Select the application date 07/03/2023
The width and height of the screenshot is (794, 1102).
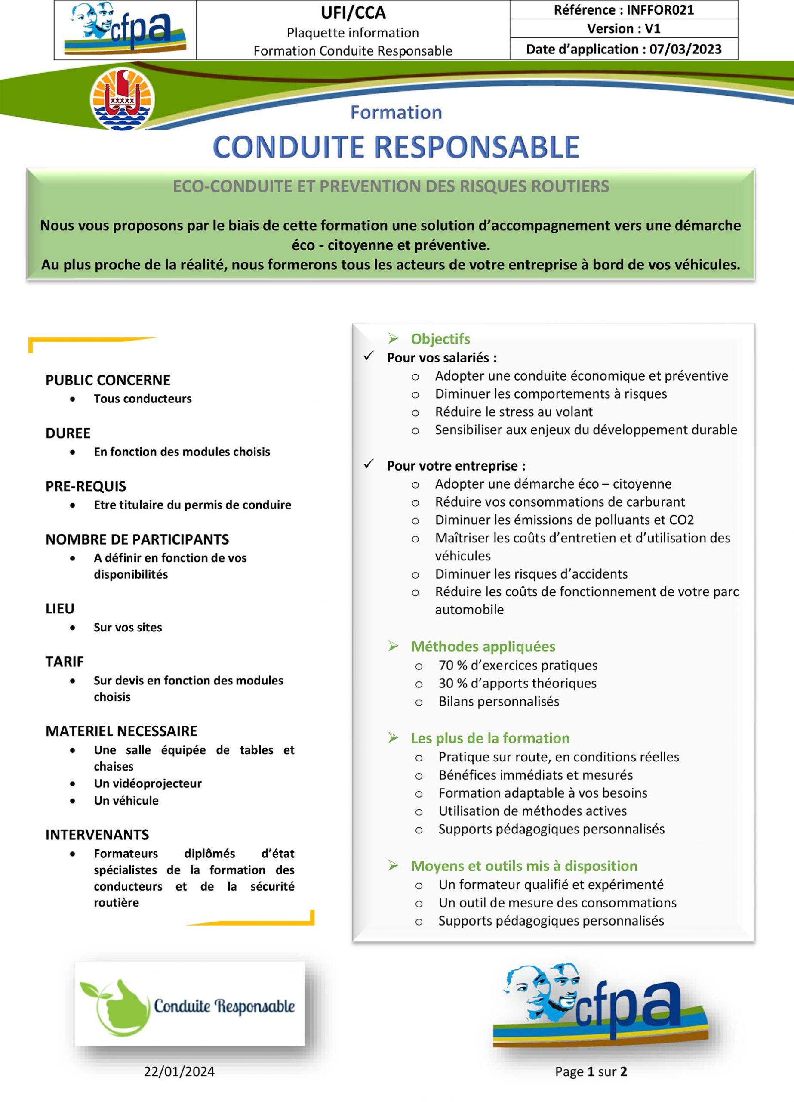pos(685,50)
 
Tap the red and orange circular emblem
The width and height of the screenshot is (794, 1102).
pos(123,99)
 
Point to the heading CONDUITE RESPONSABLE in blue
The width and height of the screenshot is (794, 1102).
pos(396,147)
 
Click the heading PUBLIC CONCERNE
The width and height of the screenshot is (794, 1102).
pos(108,380)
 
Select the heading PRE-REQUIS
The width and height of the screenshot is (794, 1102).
pos(86,486)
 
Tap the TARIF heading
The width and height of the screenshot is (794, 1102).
pos(65,662)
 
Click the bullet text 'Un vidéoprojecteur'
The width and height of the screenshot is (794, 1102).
pos(148,783)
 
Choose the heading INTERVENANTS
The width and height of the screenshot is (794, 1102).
pos(97,835)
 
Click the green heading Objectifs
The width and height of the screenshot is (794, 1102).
pos(440,339)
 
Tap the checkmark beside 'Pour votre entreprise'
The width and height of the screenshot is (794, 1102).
pos(369,464)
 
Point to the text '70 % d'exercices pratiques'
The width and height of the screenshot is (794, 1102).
pos(518,665)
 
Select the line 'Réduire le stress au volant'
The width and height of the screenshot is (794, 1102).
pos(514,412)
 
